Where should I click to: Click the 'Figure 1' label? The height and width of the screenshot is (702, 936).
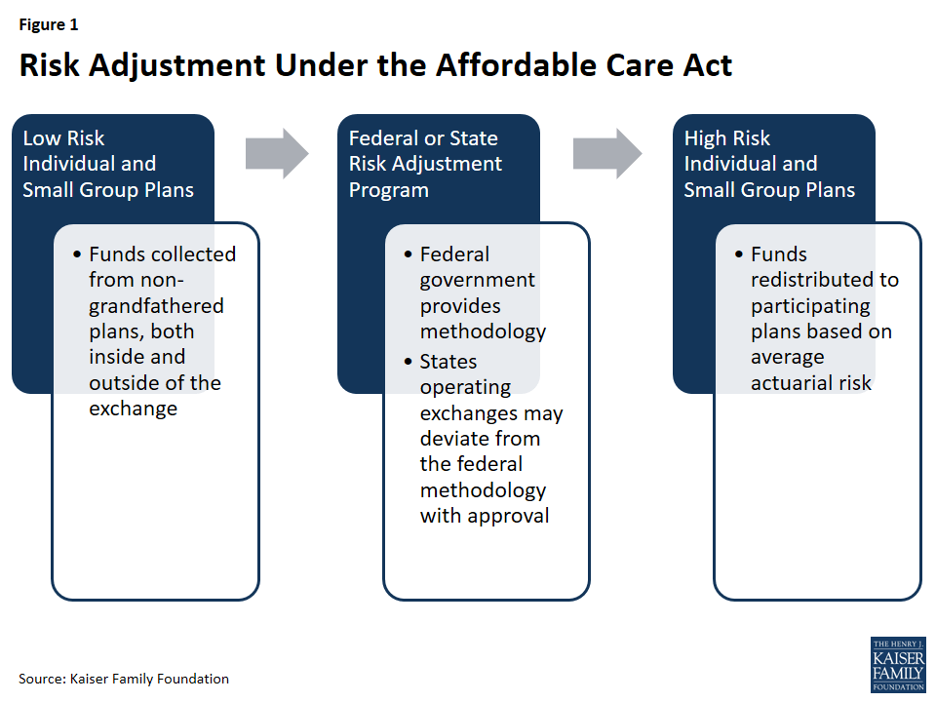(x=48, y=25)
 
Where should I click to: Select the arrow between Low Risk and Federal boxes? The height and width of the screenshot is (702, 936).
(x=276, y=153)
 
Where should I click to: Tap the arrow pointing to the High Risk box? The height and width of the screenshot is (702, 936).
(x=606, y=153)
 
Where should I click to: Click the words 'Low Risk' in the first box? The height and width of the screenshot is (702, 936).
(x=63, y=138)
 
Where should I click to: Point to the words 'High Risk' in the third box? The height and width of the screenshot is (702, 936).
(x=726, y=138)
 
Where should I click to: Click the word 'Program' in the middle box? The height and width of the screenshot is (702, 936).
(x=388, y=190)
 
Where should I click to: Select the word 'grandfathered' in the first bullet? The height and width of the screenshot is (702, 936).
(x=156, y=305)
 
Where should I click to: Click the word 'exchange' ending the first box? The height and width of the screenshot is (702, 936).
(x=133, y=408)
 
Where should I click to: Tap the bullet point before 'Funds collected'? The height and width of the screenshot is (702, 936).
(x=76, y=254)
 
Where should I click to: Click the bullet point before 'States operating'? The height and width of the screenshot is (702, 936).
(x=408, y=362)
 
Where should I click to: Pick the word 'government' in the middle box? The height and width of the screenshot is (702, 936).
(x=477, y=280)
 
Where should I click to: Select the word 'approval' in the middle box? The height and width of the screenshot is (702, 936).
(x=509, y=515)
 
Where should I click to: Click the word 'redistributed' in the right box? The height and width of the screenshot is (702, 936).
(x=824, y=280)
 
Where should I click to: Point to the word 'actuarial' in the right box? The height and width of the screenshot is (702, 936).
(x=787, y=382)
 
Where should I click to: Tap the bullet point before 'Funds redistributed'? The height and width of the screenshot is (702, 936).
(x=739, y=254)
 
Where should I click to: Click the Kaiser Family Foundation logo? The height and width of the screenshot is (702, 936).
(x=897, y=665)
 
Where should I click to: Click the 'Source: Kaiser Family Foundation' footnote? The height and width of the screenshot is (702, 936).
(x=124, y=679)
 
